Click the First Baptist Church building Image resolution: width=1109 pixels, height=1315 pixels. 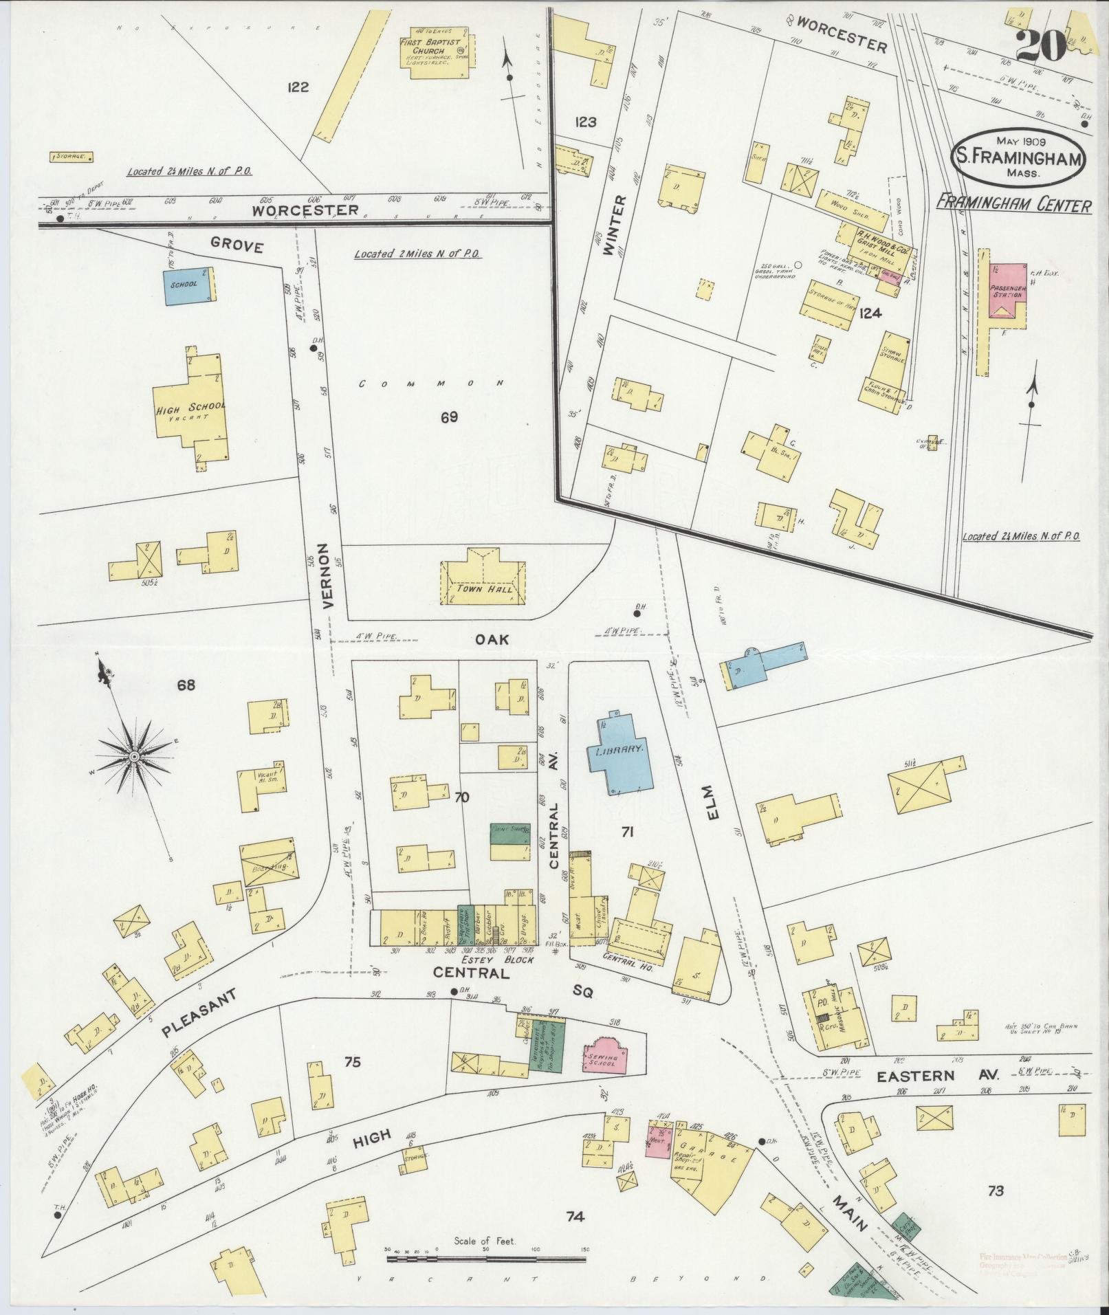click(433, 52)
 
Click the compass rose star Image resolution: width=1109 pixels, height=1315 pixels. click(135, 756)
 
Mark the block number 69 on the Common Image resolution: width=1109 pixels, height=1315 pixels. click(449, 417)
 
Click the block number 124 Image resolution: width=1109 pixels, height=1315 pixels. click(870, 313)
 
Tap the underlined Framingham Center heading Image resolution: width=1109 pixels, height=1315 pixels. click(1014, 205)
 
